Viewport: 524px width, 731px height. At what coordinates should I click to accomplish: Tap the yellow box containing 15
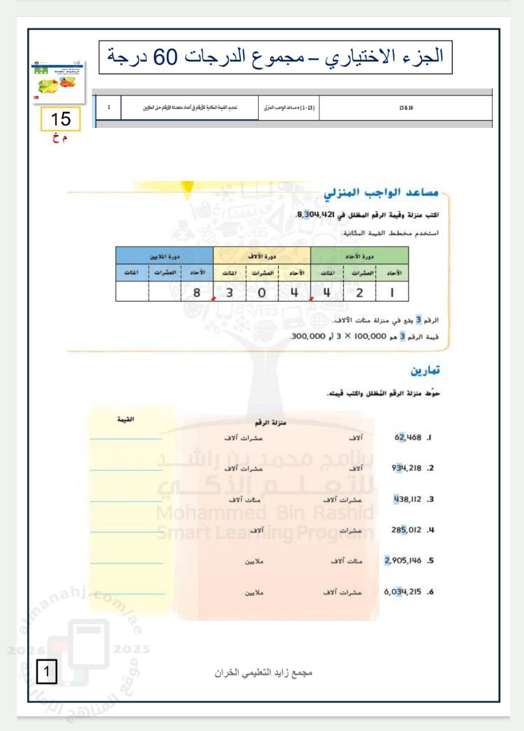click(60, 119)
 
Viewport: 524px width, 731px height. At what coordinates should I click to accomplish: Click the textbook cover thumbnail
click(60, 82)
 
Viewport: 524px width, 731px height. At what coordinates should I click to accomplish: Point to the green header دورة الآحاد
click(360, 256)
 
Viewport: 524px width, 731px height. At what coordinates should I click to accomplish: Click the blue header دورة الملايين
click(164, 256)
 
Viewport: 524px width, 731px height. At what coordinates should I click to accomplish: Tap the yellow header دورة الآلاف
click(261, 256)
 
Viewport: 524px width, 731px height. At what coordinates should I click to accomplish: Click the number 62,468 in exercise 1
click(408, 438)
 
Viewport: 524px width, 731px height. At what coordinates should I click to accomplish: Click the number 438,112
click(407, 499)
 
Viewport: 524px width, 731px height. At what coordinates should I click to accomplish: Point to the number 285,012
click(406, 530)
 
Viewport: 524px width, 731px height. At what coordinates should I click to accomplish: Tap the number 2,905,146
click(403, 561)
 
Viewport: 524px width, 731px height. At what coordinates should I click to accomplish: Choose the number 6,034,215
click(403, 592)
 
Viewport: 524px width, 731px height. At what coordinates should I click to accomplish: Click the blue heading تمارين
click(425, 371)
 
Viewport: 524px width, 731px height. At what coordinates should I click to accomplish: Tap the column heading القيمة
click(126, 420)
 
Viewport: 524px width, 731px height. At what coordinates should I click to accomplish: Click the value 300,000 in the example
click(308, 336)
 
